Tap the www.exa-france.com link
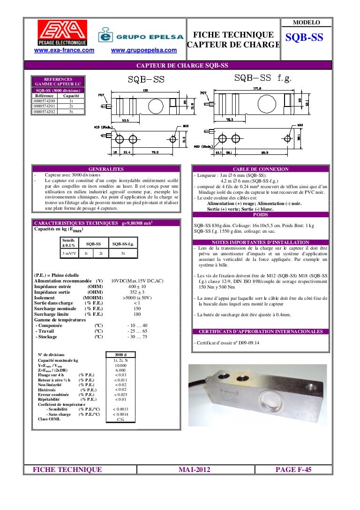coord(63,50)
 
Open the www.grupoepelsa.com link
coord(144,50)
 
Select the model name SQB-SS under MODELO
coord(304,38)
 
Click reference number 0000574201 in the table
coord(44,107)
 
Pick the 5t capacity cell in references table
coord(71,112)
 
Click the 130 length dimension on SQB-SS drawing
coord(145,90)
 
